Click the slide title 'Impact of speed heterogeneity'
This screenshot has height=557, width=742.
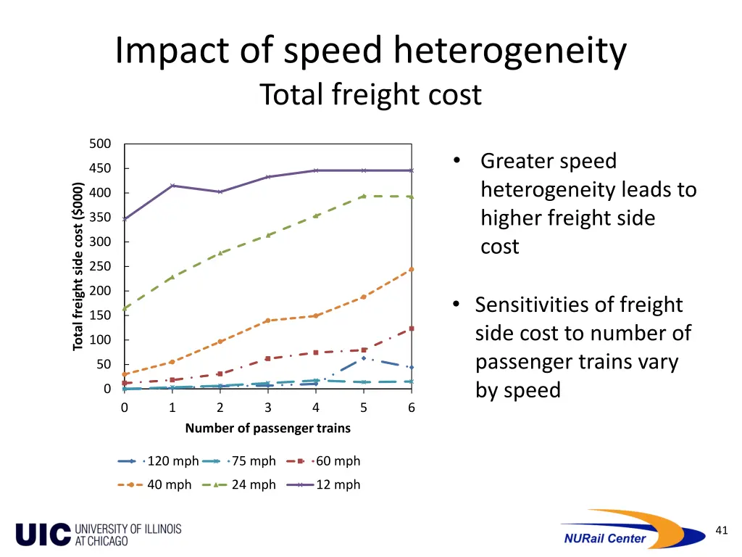(370, 52)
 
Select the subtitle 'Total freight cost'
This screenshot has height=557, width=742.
(370, 95)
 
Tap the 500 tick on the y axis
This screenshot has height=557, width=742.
(100, 144)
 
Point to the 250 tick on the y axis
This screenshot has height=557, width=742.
(100, 266)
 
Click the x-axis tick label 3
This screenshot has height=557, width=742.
(268, 408)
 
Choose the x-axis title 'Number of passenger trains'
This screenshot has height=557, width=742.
(267, 428)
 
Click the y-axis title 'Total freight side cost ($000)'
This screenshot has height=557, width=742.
(78, 266)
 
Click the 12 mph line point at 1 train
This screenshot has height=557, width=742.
(172, 186)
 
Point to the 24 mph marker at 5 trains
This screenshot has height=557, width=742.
(364, 196)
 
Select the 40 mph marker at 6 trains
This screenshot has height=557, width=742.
(412, 269)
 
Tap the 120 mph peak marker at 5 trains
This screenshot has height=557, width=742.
(364, 358)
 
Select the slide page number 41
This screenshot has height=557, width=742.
(721, 530)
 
